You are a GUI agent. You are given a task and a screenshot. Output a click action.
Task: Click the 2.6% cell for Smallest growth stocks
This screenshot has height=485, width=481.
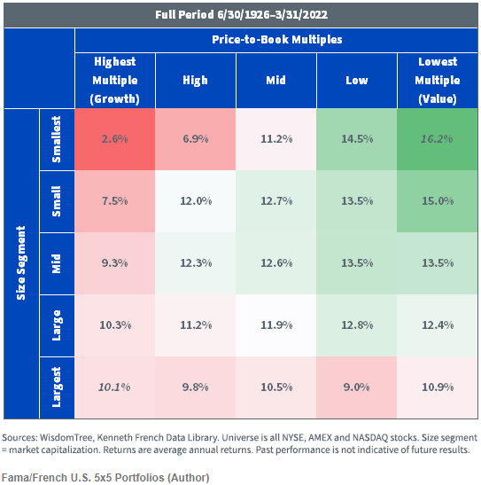(114, 139)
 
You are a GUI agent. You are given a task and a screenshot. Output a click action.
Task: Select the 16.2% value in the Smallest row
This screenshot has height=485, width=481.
(437, 139)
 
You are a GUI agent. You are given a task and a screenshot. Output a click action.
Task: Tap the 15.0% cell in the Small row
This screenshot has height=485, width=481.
(438, 201)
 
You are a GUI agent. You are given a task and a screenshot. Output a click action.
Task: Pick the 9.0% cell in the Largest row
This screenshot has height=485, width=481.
(357, 387)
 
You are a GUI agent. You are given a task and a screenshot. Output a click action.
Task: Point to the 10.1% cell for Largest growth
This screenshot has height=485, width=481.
(114, 387)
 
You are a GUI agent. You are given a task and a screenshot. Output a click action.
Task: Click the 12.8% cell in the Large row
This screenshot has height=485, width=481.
(357, 325)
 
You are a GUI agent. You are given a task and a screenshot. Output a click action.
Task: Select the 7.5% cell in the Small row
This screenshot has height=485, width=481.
(114, 201)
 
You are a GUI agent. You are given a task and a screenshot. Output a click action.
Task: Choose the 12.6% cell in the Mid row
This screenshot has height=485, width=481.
(276, 263)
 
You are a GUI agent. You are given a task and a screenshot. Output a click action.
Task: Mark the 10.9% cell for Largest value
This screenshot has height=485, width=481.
(438, 387)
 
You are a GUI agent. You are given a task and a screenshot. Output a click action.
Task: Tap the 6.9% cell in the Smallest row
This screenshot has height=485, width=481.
(196, 139)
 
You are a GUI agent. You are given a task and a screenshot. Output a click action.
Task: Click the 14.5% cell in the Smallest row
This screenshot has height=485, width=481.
(357, 139)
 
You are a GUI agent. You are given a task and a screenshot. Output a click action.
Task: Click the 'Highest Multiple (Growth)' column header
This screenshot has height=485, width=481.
(115, 80)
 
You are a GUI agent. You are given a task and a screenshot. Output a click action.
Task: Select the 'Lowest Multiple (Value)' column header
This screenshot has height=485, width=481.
(438, 80)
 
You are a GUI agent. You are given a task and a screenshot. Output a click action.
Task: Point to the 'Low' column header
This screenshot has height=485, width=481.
(357, 81)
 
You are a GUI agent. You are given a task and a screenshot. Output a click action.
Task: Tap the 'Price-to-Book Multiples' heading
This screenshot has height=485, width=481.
(276, 40)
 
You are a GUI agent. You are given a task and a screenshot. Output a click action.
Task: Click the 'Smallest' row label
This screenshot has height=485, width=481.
(57, 139)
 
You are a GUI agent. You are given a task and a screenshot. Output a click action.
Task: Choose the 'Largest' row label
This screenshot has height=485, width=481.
(57, 387)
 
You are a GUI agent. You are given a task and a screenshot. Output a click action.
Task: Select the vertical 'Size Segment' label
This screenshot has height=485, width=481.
(21, 263)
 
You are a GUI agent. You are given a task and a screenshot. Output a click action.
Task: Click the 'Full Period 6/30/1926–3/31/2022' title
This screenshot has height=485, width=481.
(241, 15)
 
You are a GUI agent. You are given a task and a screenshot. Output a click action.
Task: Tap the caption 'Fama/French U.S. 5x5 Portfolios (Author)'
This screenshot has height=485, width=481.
(105, 478)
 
